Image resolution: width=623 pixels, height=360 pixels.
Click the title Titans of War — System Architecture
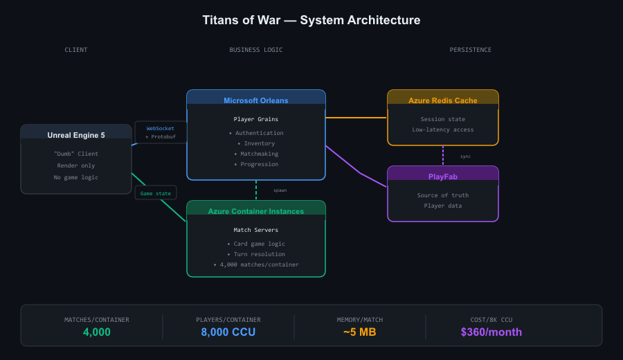click(x=311, y=20)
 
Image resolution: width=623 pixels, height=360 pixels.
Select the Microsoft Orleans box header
click(x=255, y=100)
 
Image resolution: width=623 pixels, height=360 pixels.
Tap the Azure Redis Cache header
click(x=442, y=100)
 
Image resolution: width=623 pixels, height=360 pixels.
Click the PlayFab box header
click(x=442, y=177)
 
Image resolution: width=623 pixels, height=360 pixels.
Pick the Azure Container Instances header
click(x=255, y=211)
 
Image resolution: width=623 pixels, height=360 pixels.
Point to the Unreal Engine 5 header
click(x=76, y=135)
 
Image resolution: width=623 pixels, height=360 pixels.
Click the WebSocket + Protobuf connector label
click(x=161, y=132)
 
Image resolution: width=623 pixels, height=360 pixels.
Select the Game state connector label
click(x=156, y=193)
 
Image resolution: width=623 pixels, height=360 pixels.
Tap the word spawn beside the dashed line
click(x=280, y=190)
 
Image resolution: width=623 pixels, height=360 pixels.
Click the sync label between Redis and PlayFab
click(x=465, y=156)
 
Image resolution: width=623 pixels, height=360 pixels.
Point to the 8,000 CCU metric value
click(x=228, y=332)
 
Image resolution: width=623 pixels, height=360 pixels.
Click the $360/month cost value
click(x=491, y=332)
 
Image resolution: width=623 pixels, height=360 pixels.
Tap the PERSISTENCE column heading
click(x=470, y=50)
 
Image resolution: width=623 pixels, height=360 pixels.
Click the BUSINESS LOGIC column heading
click(x=255, y=50)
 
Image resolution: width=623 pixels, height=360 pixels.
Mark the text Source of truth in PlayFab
click(x=442, y=195)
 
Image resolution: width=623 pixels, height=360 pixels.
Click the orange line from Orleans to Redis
click(x=356, y=118)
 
